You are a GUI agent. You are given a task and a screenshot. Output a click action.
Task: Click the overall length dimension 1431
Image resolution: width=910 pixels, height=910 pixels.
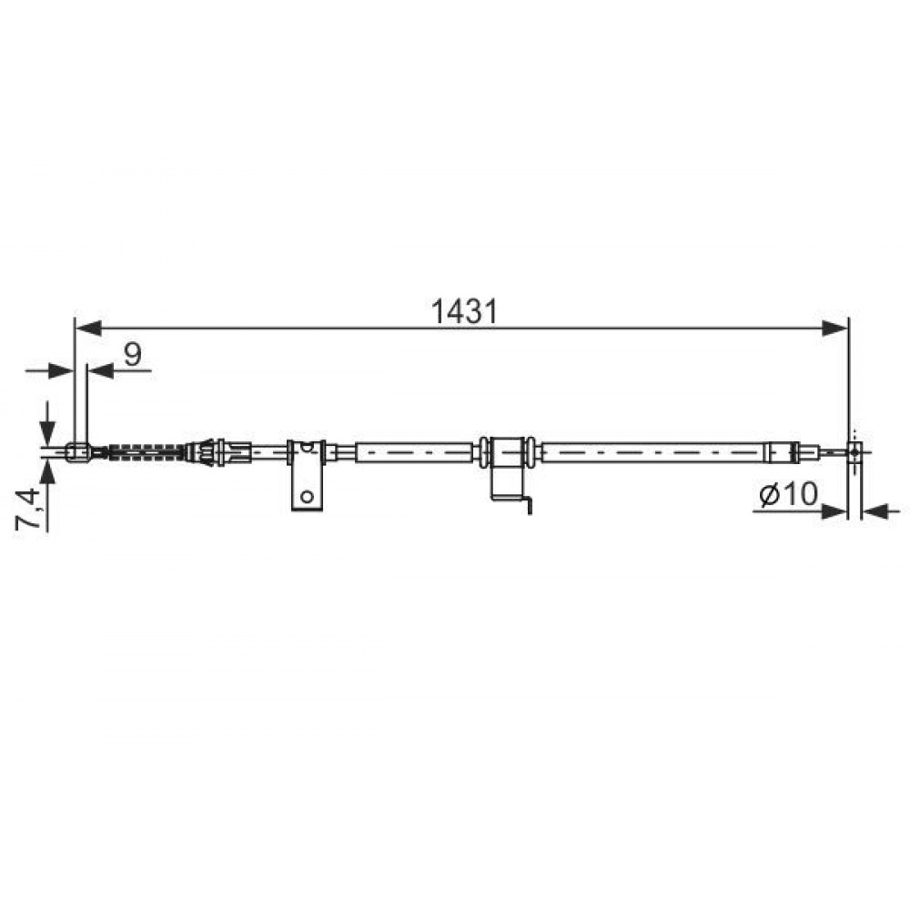tap(464, 312)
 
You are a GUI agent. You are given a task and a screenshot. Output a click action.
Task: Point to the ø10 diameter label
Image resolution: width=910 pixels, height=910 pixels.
tap(789, 494)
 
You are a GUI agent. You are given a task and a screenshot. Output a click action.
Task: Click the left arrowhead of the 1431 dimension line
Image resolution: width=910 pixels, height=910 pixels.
tap(89, 329)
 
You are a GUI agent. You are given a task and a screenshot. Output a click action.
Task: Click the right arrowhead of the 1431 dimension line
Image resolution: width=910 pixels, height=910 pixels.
tap(835, 329)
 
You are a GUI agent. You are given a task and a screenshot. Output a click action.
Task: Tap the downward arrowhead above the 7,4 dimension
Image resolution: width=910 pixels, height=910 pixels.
tap(47, 431)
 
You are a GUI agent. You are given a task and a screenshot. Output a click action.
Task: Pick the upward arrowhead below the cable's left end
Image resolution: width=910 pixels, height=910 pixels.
tap(47, 470)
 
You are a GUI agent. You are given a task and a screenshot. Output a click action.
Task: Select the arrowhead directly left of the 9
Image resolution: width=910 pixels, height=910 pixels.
tap(100, 370)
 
